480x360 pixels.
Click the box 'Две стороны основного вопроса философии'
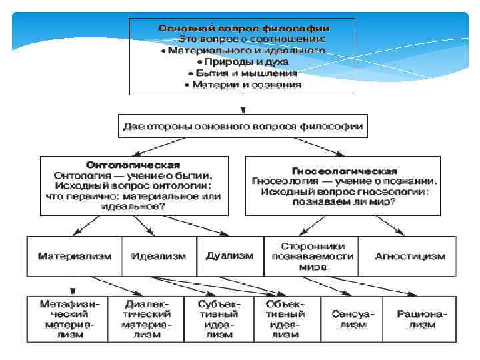243,126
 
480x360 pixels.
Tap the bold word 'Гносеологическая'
345,171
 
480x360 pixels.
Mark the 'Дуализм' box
229,256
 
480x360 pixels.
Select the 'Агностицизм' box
401,256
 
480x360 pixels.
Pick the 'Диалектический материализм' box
146,319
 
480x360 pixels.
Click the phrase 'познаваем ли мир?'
345,202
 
